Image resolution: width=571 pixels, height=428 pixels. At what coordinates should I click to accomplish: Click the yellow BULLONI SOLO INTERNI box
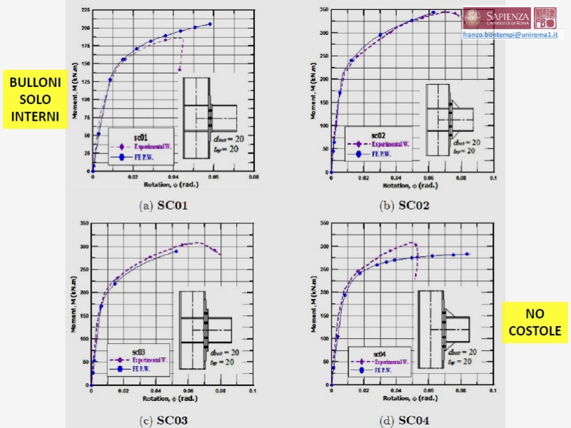click(35, 99)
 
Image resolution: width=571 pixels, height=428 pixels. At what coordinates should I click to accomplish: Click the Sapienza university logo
click(497, 18)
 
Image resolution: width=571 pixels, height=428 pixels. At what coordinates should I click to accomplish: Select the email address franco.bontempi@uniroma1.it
click(512, 34)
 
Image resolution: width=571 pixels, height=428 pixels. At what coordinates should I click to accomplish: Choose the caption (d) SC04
click(404, 419)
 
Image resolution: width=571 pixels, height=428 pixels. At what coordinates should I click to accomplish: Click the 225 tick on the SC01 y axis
click(85, 10)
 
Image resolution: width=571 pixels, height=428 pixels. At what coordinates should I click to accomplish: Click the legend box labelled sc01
click(141, 146)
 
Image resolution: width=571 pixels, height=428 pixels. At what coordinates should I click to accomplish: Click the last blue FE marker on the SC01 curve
click(210, 24)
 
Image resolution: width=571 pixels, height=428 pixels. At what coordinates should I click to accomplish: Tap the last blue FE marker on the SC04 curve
click(468, 254)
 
